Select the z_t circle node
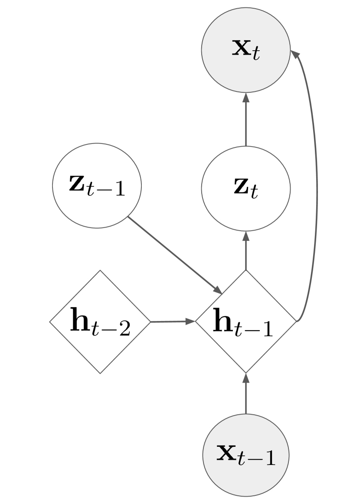tap(246, 189)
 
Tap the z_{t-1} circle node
tap(97, 185)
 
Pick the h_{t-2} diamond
tap(100, 322)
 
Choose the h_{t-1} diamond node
tap(246, 322)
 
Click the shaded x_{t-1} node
tap(246, 454)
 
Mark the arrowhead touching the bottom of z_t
tap(246, 237)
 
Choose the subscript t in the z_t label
tap(254, 194)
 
